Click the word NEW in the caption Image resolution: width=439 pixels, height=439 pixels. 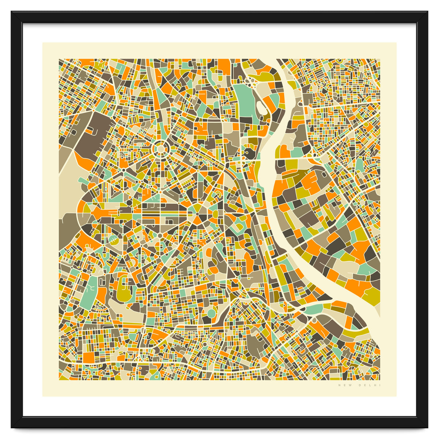(344, 385)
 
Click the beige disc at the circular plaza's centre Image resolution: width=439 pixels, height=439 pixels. (160, 149)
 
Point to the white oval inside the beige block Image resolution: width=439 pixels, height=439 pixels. (261, 107)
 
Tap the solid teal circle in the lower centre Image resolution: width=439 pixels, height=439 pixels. (211, 313)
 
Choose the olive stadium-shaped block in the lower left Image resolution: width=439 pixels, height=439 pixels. (125, 289)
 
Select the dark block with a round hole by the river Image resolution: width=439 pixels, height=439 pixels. (250, 153)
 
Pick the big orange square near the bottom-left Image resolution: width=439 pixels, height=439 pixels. (89, 356)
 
